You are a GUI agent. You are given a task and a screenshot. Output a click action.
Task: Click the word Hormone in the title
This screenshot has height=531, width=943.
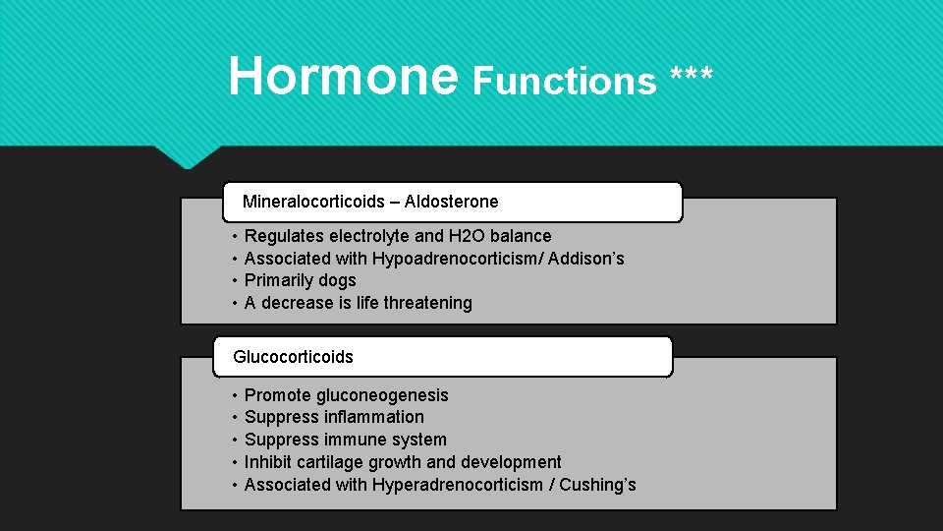[x=342, y=76]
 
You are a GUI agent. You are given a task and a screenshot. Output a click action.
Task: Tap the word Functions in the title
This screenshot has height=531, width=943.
[x=564, y=81]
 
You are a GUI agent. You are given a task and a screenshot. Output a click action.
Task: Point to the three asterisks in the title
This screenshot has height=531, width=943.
[x=693, y=77]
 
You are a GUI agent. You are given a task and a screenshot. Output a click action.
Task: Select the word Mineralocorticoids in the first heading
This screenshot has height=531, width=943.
[x=313, y=202]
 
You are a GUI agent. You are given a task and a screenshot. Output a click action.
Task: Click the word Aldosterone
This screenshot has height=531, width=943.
[x=451, y=202]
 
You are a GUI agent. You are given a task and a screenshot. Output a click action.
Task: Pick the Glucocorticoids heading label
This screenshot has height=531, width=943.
[x=293, y=357]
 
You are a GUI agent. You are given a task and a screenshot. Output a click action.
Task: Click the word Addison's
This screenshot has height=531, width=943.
[x=585, y=259]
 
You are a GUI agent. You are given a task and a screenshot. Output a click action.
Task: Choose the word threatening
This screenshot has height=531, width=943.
[x=427, y=303]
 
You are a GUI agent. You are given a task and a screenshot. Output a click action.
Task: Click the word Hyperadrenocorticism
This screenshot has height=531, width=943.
[x=457, y=485]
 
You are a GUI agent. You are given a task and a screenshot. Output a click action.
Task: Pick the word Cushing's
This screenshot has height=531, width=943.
[x=597, y=485]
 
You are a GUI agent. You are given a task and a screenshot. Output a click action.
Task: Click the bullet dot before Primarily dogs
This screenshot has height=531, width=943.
[x=235, y=281]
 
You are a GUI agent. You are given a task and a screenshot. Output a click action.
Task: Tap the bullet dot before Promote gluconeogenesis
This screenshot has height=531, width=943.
[x=235, y=395]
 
